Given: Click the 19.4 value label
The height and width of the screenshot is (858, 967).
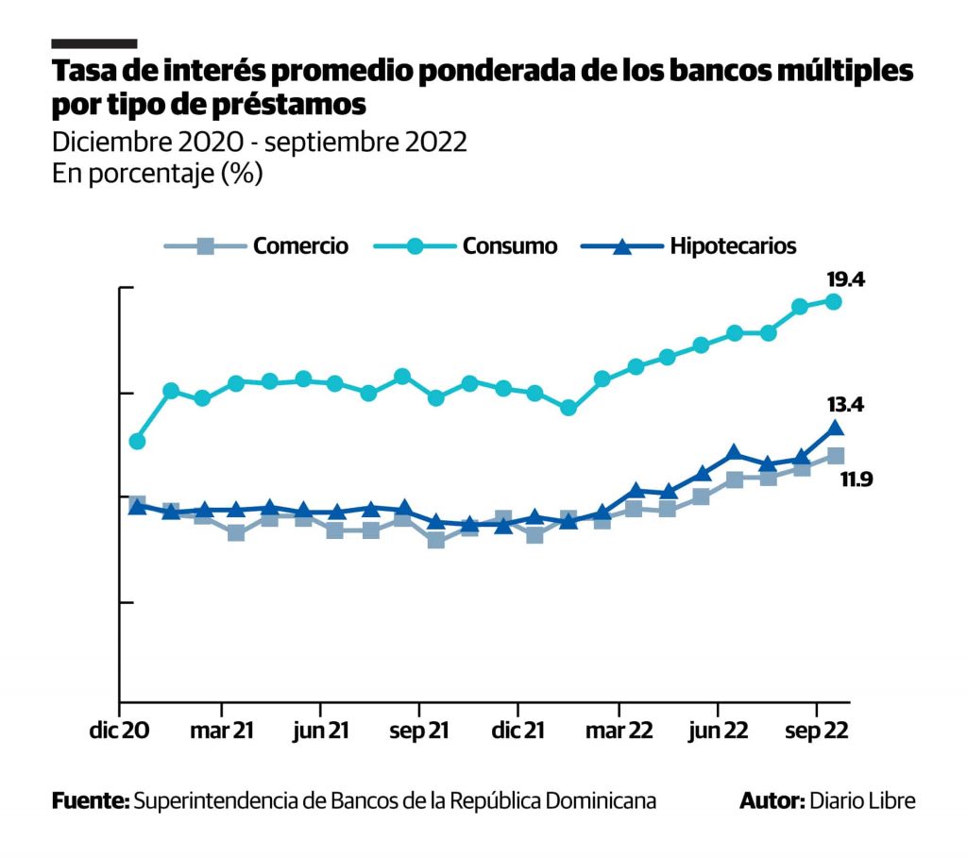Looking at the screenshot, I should click(x=845, y=280).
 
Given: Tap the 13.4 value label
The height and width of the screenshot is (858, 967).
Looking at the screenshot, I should click(x=845, y=405).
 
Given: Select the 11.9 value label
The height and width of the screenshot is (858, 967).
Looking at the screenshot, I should click(x=857, y=479).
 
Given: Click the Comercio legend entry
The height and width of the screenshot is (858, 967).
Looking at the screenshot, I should click(x=300, y=246).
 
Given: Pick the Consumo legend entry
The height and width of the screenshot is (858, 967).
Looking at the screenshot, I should click(x=510, y=246).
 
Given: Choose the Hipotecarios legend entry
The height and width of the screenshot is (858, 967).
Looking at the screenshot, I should click(x=734, y=246).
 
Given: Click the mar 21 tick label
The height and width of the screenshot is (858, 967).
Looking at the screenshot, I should click(x=221, y=732).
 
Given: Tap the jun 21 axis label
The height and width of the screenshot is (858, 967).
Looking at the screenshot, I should click(x=321, y=732).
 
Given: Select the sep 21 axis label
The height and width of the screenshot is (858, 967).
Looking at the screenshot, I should click(x=419, y=732).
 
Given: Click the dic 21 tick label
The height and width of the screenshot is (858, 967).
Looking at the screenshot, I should click(x=518, y=732).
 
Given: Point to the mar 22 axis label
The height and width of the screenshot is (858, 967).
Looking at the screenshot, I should click(x=619, y=732).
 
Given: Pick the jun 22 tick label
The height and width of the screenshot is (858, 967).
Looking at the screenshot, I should click(x=719, y=732).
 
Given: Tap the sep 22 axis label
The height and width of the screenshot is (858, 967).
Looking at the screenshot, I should click(x=818, y=732).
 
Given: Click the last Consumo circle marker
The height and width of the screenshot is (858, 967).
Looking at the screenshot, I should click(x=834, y=301).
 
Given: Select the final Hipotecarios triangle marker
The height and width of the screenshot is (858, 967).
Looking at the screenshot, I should click(x=835, y=429).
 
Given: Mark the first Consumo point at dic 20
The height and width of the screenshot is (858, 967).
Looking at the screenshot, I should click(x=137, y=441).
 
